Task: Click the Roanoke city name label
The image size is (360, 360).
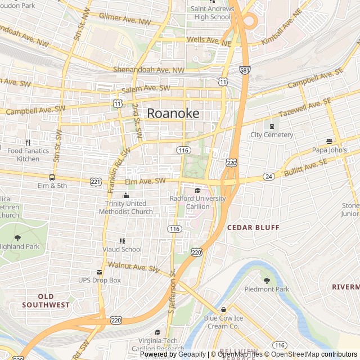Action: click(173, 113)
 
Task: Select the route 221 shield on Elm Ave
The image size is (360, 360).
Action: click(96, 182)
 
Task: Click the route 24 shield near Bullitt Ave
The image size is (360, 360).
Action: click(269, 177)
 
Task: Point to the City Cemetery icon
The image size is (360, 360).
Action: click(272, 126)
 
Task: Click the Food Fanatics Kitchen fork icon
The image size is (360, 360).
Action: click(28, 142)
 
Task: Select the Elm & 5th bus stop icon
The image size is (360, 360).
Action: click(52, 177)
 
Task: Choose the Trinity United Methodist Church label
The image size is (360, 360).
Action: click(125, 208)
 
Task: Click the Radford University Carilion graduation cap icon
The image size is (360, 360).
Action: click(197, 191)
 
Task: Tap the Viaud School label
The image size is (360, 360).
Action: click(122, 249)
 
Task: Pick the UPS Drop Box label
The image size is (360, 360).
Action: click(99, 280)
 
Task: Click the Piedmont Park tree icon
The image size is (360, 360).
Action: click(267, 280)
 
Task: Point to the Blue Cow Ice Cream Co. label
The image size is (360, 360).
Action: click(223, 322)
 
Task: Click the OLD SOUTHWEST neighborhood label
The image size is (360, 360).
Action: click(46, 300)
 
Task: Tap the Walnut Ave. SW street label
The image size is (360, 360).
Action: click(134, 267)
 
